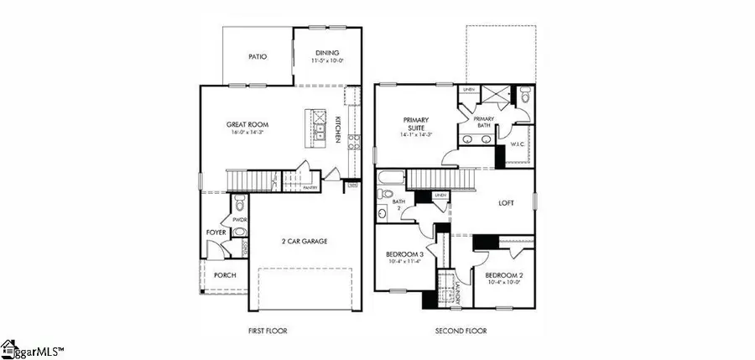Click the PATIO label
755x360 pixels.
point(258,57)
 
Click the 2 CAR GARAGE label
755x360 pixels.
point(304,242)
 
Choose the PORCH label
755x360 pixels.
point(225,275)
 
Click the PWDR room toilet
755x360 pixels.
point(239,202)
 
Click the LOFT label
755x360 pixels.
point(506,202)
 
